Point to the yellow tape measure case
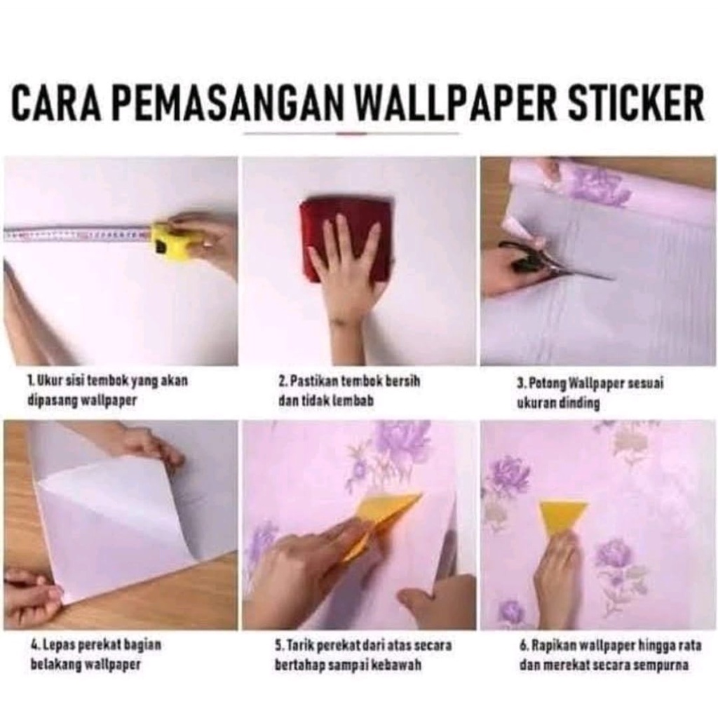pos(170,238)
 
